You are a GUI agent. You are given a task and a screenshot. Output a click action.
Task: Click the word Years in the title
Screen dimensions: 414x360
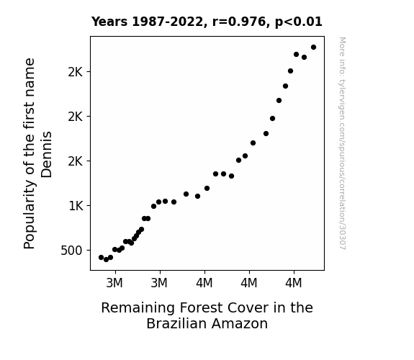pyautogui.click(x=109, y=22)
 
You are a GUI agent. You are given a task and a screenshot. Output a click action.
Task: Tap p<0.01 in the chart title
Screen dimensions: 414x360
pyautogui.click(x=299, y=22)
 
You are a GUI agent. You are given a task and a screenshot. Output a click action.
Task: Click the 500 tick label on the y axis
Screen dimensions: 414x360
pyautogui.click(x=71, y=251)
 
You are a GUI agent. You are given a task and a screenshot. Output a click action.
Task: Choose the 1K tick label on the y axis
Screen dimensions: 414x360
pyautogui.click(x=76, y=206)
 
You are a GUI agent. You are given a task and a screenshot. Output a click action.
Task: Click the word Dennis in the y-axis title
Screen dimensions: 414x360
pyautogui.click(x=47, y=155)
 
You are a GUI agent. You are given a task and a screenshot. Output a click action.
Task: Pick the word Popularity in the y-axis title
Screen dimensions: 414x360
pyautogui.click(x=30, y=215)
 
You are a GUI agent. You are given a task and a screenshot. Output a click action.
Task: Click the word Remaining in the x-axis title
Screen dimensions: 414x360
pyautogui.click(x=138, y=308)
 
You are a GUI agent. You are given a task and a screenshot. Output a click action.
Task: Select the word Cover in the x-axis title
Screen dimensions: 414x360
pyautogui.click(x=248, y=308)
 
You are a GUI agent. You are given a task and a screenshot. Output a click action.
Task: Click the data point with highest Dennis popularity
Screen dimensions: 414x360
pyautogui.click(x=313, y=48)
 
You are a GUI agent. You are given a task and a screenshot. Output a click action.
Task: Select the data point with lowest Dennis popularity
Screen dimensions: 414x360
pyautogui.click(x=106, y=260)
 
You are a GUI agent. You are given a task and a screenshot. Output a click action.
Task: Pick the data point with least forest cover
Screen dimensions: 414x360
pyautogui.click(x=101, y=257)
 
